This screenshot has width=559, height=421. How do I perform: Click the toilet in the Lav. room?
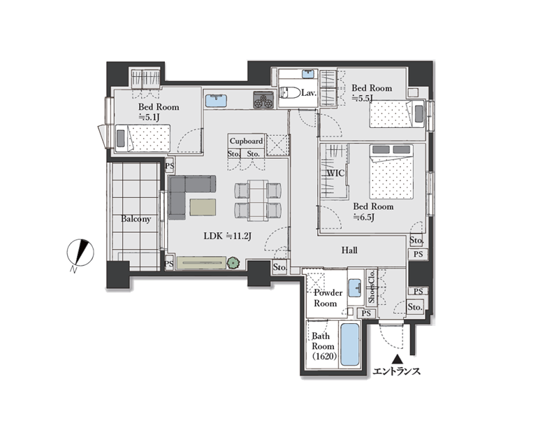289,93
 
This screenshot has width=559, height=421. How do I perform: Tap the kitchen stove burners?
263,99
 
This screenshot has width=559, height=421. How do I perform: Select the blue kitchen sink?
216,100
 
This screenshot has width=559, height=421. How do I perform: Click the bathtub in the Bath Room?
350,344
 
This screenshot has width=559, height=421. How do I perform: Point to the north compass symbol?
80,252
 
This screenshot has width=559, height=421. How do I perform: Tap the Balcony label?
136,219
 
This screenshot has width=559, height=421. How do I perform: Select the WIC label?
336,173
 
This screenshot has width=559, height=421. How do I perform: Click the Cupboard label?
247,141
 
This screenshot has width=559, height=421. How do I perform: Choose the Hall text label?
349,250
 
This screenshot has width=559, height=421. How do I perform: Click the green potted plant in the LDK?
233,263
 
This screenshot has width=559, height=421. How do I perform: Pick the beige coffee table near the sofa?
203,207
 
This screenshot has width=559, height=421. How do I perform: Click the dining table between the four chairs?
258,201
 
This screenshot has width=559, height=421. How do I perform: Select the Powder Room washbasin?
355,288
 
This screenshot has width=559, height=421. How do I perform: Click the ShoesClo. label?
372,287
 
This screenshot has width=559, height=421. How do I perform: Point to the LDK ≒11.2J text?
228,236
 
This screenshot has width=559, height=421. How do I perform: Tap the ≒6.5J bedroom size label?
363,217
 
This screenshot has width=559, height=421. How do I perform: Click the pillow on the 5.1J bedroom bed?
121,138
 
